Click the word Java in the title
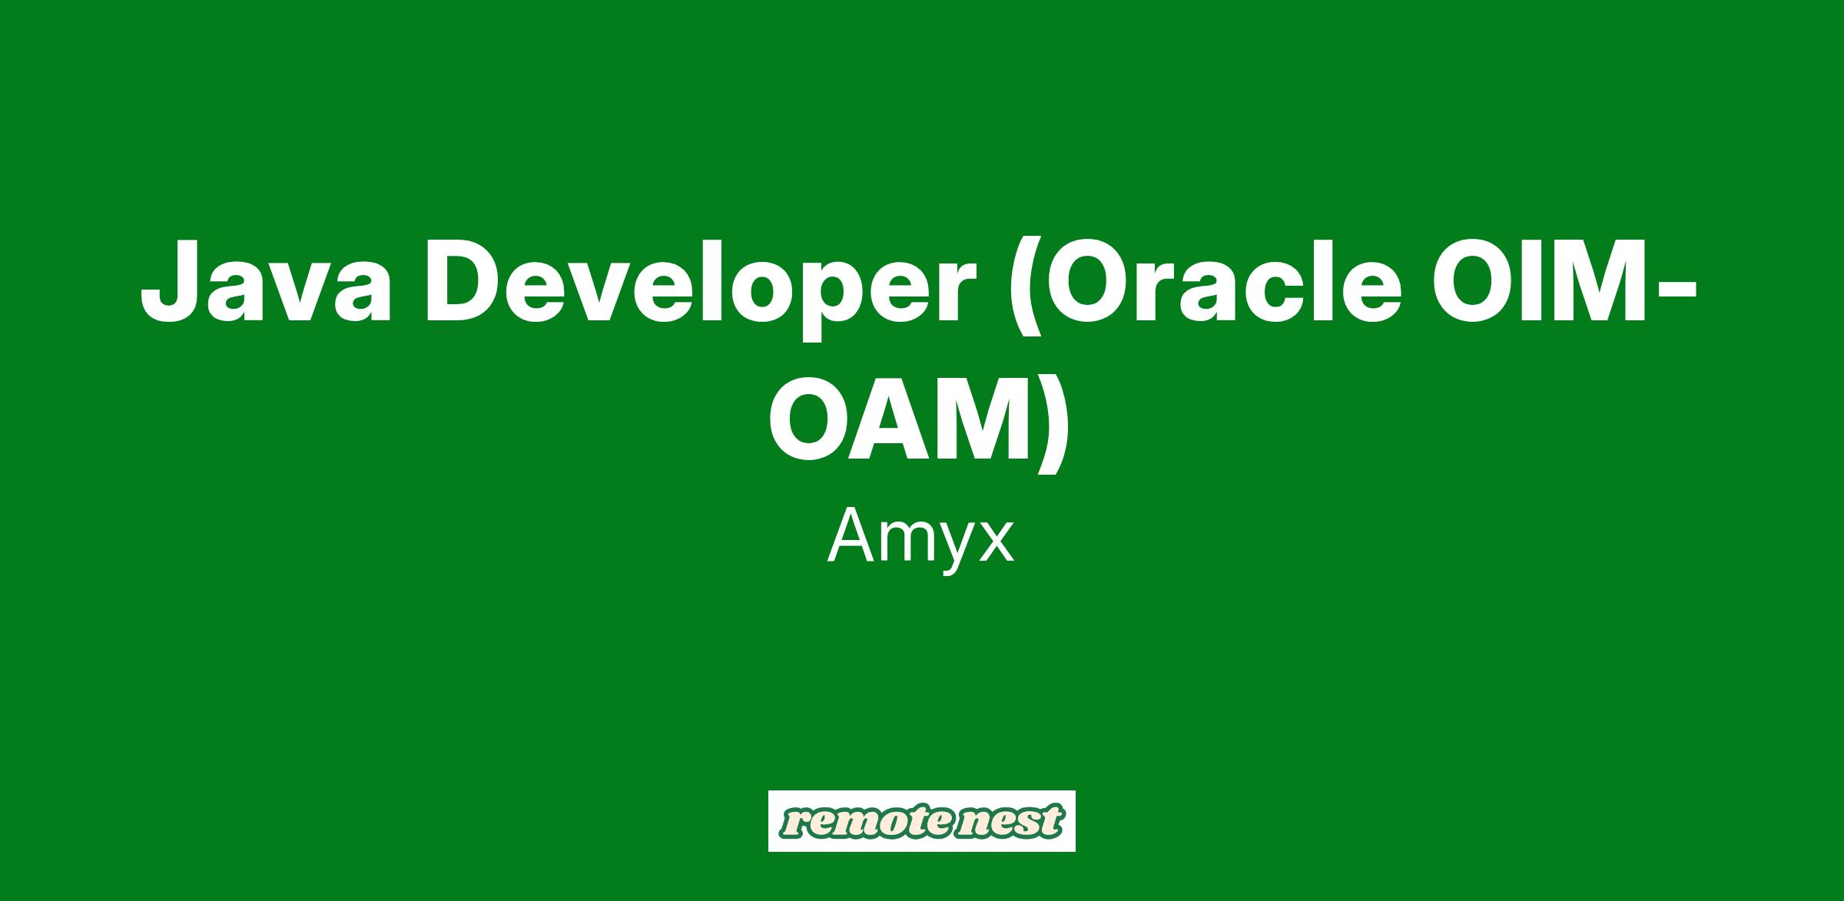[x=266, y=281]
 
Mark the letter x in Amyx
[x=996, y=542]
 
